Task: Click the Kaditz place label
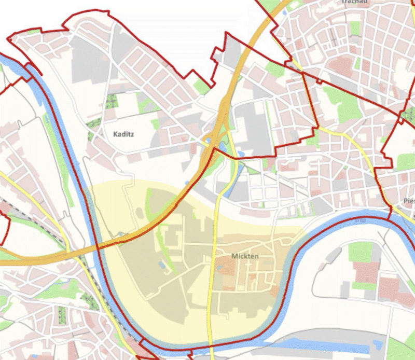[x=123, y=134]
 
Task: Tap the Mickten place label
[x=245, y=256]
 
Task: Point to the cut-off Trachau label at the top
[x=354, y=2]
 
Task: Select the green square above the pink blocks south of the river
[x=361, y=252]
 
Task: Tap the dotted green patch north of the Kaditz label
[x=111, y=102]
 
